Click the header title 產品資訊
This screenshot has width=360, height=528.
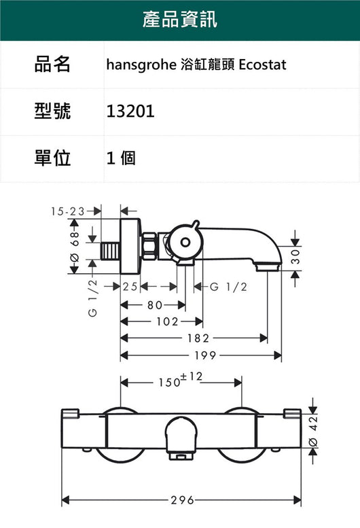pos(180,19)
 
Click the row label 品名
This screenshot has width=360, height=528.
pos(52,64)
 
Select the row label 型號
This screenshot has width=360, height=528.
pos(52,111)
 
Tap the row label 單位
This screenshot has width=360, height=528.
pos(52,158)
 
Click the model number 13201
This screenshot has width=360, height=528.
pos(130,111)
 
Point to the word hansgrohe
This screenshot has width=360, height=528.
pos(141,65)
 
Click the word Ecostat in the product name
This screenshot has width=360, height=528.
pos(262,65)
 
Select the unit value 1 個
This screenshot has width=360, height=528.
pos(121,158)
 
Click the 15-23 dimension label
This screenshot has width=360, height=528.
pos(68,211)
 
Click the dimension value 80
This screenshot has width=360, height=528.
pos(155,305)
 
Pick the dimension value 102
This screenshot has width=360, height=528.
pos(167,321)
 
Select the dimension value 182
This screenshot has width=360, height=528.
pos(198,338)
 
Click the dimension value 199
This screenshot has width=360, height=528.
pos(205,355)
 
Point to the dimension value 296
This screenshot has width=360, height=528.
pos(182,500)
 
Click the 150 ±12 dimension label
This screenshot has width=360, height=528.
pos(181,380)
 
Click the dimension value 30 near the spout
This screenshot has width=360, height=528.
pos(295,257)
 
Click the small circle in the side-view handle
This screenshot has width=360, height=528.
pos(185,242)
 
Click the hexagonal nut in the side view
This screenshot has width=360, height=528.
pos(149,247)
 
